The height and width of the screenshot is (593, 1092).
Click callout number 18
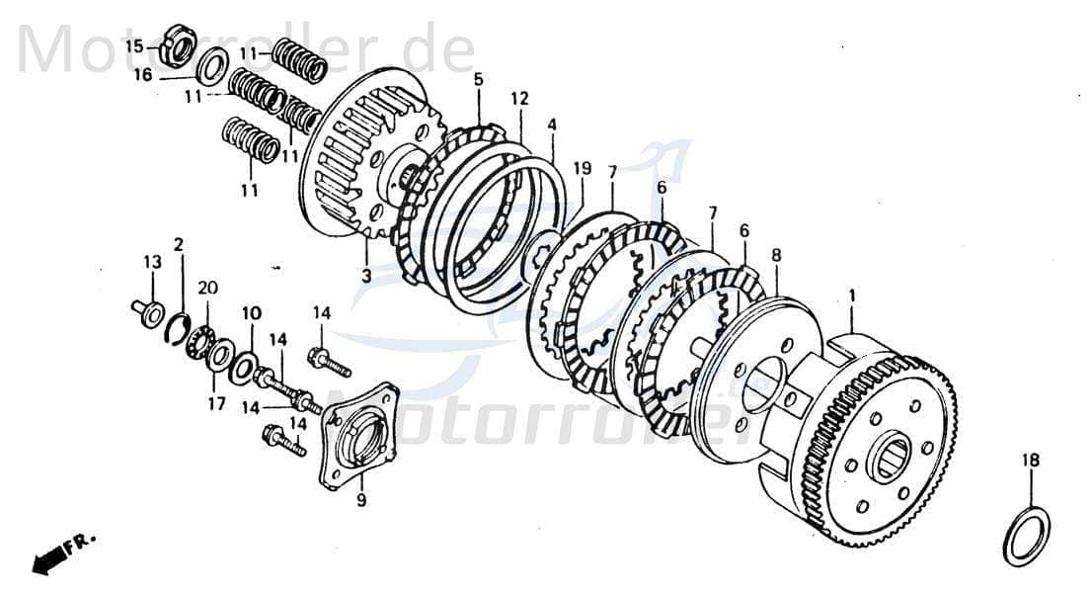tap(1031, 461)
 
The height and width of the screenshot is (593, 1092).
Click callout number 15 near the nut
tap(133, 45)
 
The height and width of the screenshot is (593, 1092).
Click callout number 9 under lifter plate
tap(361, 501)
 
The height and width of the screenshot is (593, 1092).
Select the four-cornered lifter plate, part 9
tap(357, 434)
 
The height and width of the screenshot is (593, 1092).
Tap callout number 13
tap(151, 262)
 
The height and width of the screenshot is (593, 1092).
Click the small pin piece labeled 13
tap(150, 311)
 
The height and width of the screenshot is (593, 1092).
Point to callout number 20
tap(207, 288)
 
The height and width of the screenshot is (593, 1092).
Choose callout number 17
tap(216, 403)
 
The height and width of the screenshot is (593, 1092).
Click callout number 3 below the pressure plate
tap(366, 276)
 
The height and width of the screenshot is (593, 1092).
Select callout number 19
tap(582, 169)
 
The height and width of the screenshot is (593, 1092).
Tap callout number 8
tap(776, 255)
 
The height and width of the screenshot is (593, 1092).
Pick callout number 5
tap(478, 78)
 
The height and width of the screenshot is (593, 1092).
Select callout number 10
tap(252, 313)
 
